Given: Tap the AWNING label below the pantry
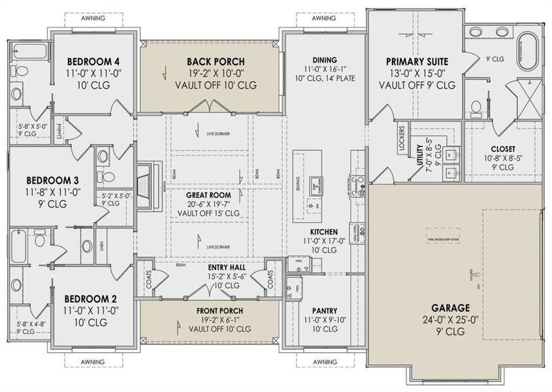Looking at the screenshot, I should [325, 361].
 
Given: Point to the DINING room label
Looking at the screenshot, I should [324, 57].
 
